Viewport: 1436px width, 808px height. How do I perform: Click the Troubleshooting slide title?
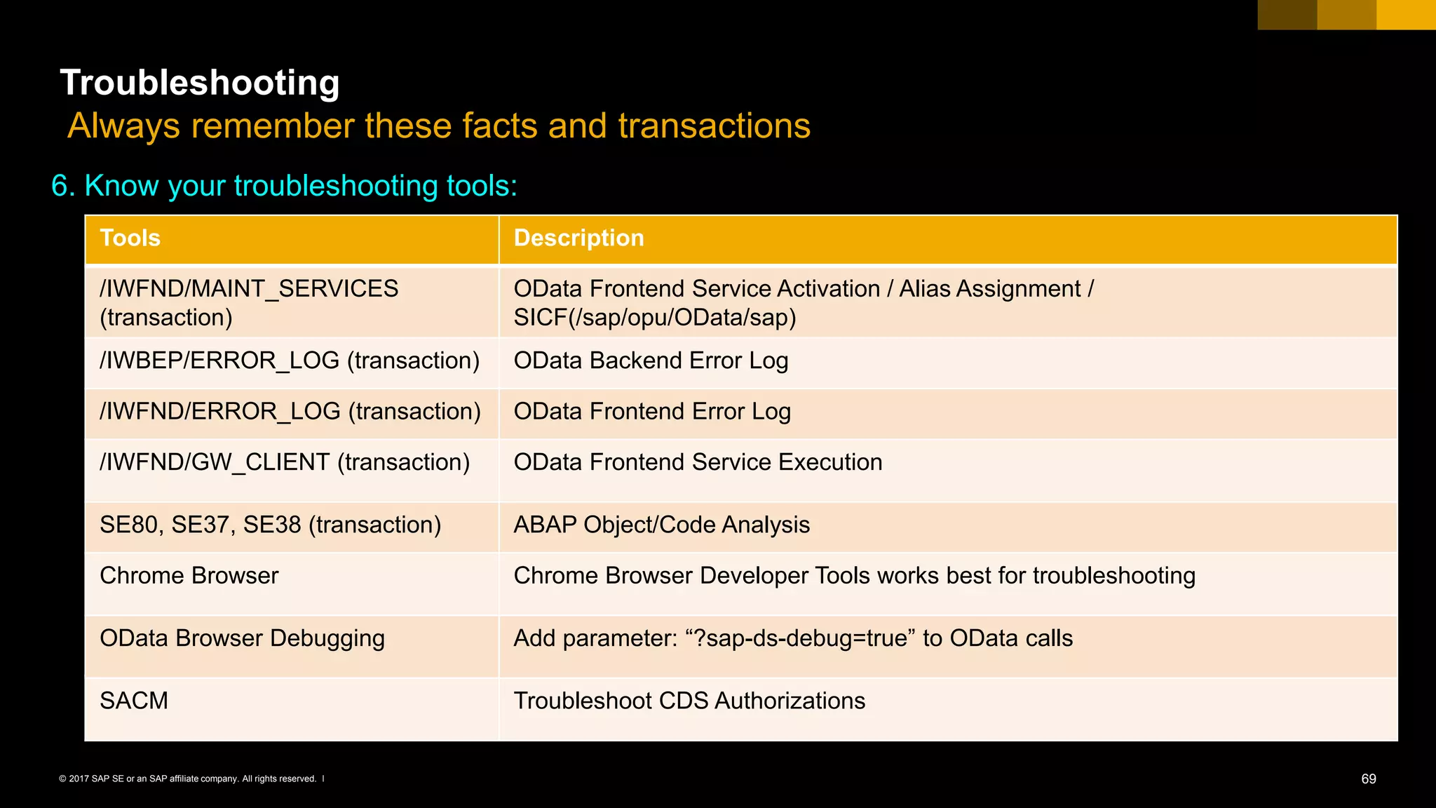(x=200, y=83)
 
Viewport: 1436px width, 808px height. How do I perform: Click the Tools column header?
(x=130, y=238)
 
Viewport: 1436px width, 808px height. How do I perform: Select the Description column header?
(x=578, y=238)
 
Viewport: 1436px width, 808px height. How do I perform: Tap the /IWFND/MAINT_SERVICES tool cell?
(x=249, y=302)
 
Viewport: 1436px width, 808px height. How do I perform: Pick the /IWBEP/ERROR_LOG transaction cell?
(x=290, y=361)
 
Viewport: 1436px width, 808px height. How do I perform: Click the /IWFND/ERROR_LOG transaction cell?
(x=290, y=412)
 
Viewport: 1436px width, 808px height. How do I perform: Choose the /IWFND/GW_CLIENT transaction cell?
(x=285, y=463)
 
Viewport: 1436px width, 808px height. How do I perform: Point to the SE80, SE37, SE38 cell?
(x=270, y=525)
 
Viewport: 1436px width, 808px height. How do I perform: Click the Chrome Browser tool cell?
(x=189, y=576)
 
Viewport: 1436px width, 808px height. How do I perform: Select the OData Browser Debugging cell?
(x=242, y=638)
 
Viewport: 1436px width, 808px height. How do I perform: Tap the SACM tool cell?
(x=134, y=701)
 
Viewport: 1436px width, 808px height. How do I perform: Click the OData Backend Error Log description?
(x=651, y=361)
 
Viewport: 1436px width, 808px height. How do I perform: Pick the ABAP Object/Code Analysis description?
(x=661, y=525)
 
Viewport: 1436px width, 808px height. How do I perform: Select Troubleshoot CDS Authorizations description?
(x=689, y=701)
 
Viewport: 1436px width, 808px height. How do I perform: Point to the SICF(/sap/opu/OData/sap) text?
(x=655, y=318)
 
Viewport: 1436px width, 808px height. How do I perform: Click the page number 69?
(x=1368, y=779)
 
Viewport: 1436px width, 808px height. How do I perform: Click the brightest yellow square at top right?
(x=1405, y=15)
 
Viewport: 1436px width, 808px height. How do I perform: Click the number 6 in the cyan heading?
(x=60, y=187)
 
